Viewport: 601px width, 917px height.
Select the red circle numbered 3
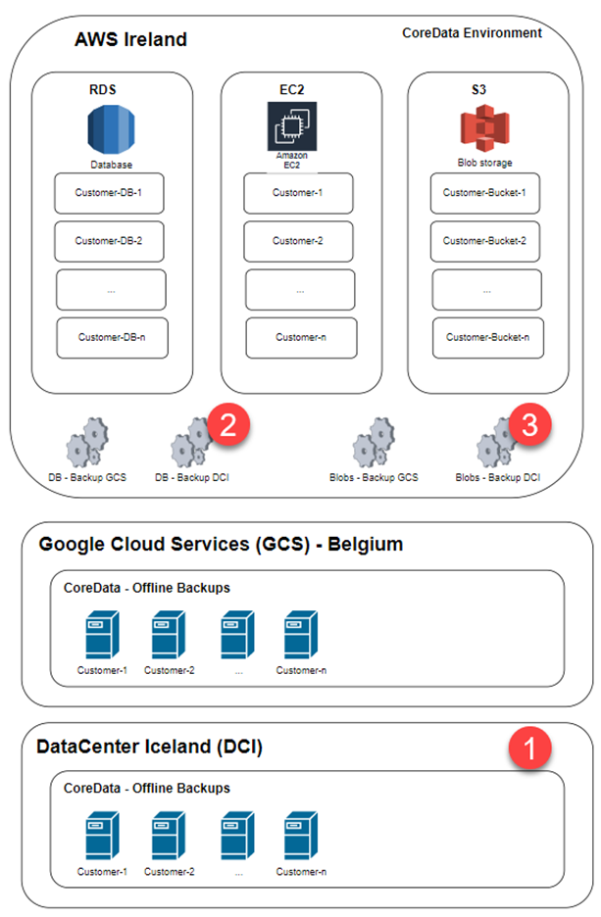[x=530, y=424]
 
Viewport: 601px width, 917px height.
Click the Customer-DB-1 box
[x=109, y=193]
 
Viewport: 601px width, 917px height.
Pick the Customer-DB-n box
[x=111, y=337]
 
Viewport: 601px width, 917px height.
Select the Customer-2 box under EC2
[x=299, y=240]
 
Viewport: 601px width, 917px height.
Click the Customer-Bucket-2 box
[x=485, y=240]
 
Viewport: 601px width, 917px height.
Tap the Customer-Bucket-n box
[x=487, y=337]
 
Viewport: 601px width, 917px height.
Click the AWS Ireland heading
[x=130, y=40]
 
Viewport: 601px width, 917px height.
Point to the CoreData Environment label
[x=472, y=33]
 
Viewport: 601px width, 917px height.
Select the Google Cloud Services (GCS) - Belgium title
[x=221, y=544]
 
